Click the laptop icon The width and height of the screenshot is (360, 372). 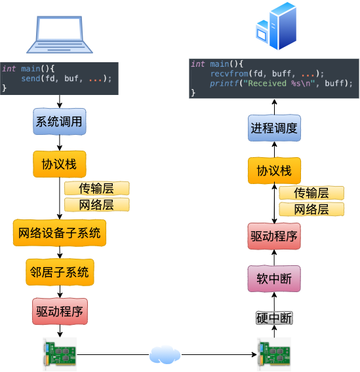point(60,35)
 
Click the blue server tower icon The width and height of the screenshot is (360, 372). point(276,26)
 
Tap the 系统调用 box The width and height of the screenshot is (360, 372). point(60,121)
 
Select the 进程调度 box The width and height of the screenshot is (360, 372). point(274,128)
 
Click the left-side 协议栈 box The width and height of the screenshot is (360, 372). point(60,164)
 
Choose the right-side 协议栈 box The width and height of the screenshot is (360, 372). point(274,170)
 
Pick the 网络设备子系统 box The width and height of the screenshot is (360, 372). point(60,232)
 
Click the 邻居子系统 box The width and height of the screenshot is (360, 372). point(60,272)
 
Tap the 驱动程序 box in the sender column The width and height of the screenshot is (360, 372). point(60,311)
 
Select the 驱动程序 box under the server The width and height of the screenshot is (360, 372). point(274,236)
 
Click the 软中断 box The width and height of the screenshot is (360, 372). point(274,278)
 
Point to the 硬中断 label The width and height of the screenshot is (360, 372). point(274,318)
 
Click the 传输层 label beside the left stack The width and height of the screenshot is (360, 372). point(96,189)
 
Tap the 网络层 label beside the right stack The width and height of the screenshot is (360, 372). point(311,210)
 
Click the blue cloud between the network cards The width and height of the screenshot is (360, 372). point(165,355)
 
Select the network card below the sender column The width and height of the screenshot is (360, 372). point(60,354)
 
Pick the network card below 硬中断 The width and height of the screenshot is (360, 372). point(274,354)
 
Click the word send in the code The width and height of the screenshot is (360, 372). point(31,79)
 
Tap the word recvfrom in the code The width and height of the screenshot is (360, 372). point(230,73)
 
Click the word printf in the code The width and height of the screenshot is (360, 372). point(224,83)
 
